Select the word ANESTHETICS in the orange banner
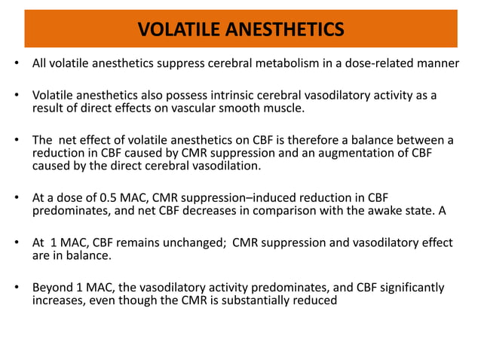click(x=286, y=29)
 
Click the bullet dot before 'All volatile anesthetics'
click(x=15, y=63)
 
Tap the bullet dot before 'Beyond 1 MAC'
click(x=15, y=289)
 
